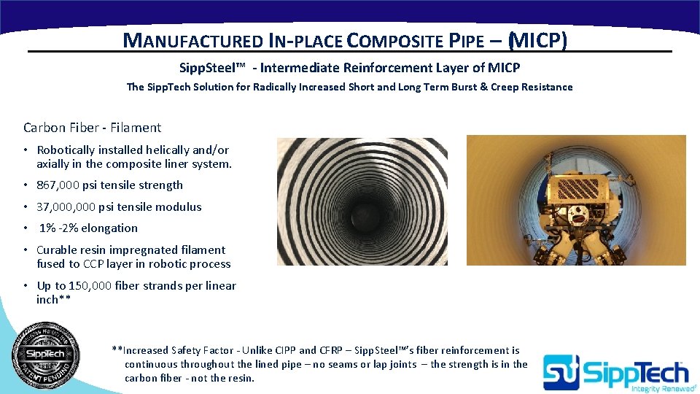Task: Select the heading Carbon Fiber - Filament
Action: [x=93, y=128]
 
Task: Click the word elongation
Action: [x=109, y=228]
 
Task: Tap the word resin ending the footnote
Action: [x=239, y=378]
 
